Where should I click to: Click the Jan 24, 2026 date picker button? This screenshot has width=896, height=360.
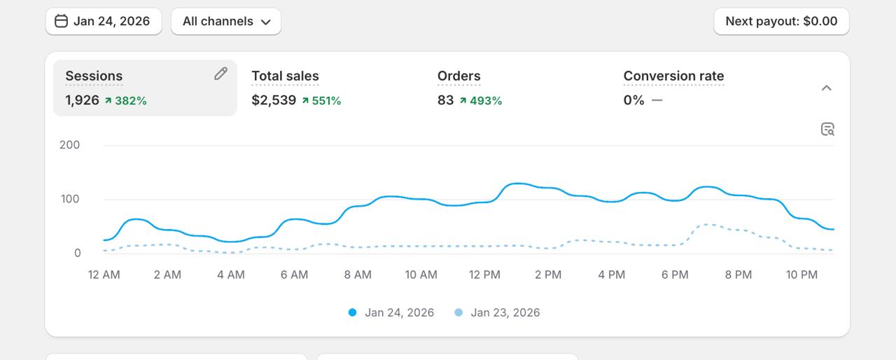(x=104, y=21)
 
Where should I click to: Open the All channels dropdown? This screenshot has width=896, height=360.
(x=225, y=21)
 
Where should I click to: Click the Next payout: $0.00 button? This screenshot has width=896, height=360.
(x=781, y=21)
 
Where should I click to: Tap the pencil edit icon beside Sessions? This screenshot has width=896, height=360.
(x=220, y=74)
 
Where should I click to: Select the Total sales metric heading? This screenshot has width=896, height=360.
(x=285, y=76)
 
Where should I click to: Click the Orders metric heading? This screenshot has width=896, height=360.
(x=458, y=76)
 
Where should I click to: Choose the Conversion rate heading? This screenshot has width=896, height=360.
(x=673, y=76)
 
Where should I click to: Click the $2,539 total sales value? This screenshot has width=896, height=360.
(x=274, y=100)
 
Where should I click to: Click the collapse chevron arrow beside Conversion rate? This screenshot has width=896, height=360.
(x=827, y=88)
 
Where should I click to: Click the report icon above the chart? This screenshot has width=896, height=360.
(x=827, y=129)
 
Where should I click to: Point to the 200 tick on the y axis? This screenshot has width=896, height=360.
(x=70, y=145)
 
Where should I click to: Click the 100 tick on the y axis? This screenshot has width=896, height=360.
(x=70, y=199)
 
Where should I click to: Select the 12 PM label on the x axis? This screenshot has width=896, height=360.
(x=484, y=275)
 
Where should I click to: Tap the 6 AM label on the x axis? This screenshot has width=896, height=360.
(x=294, y=275)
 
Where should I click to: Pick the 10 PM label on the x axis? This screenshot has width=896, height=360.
(x=801, y=275)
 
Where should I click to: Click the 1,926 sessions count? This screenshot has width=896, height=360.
(x=82, y=100)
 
